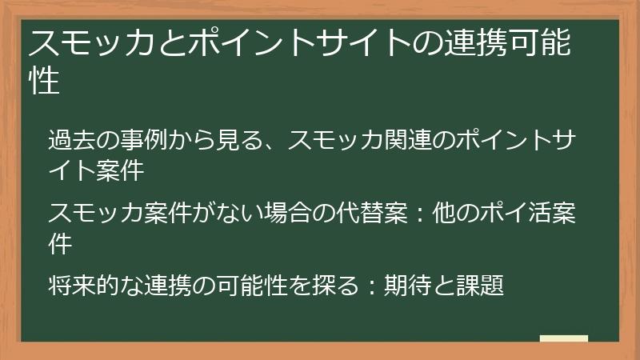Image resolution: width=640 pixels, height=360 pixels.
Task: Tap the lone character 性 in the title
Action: pos(45,81)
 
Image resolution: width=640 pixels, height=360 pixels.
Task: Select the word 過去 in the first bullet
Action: pos(73,140)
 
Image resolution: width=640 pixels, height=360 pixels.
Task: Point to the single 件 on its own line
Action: pos(61,243)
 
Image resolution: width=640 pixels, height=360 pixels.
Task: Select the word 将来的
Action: pos(86,284)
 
